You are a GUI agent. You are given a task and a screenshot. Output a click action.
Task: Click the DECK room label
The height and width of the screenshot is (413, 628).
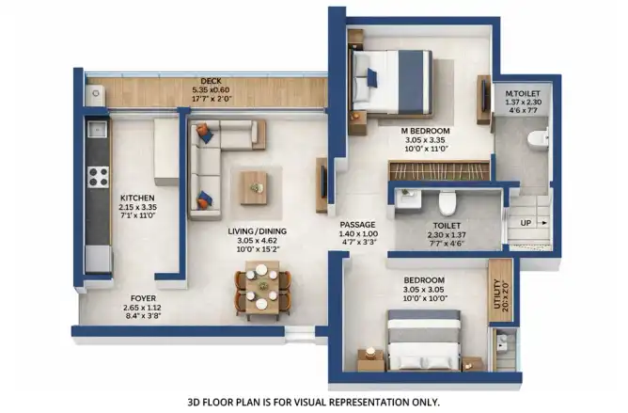212,82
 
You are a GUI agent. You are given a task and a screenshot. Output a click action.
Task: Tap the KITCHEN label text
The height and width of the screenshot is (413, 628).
137,199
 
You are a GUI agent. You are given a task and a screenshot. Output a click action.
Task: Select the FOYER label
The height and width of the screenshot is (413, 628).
143,298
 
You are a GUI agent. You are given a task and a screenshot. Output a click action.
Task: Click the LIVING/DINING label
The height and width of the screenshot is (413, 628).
258,231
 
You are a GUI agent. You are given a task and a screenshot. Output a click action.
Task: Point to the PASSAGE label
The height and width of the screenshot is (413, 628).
357,225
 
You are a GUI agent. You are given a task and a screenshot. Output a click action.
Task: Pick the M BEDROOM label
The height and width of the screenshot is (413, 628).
425,131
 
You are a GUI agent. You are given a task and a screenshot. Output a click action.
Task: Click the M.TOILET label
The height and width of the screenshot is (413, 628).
523,93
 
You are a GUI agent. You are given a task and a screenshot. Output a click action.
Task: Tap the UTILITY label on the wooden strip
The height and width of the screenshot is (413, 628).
497,294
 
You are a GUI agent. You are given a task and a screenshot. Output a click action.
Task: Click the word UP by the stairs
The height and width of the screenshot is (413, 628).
526,223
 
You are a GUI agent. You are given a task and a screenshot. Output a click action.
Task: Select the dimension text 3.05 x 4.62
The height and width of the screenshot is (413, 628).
258,241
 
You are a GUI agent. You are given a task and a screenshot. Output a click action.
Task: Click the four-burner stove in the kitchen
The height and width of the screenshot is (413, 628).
98,177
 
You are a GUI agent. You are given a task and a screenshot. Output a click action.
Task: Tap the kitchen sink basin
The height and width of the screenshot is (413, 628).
97,129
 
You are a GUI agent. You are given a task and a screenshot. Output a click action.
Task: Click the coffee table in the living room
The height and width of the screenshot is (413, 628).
253,187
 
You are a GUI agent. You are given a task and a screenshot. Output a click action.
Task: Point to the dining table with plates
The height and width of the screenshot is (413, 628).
262,287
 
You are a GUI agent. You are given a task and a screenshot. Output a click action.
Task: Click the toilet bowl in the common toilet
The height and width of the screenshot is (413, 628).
447,203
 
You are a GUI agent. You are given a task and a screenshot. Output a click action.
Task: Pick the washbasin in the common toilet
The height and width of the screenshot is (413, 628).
408,199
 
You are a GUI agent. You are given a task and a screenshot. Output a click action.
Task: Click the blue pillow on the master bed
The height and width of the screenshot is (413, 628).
372,78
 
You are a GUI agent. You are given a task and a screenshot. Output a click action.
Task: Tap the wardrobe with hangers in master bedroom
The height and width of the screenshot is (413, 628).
440,170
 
